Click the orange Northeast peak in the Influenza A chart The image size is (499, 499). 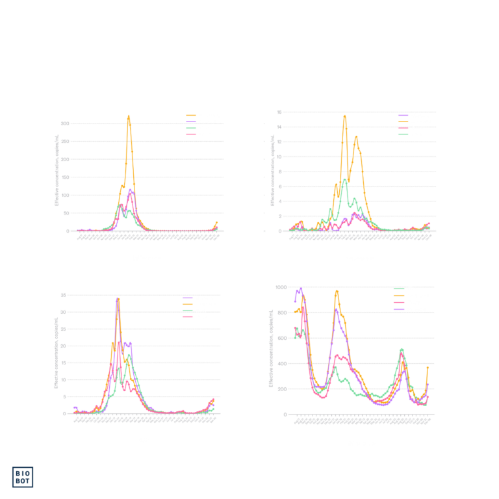click(129, 117)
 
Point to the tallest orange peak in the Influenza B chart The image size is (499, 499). click(344, 117)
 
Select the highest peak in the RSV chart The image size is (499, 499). click(118, 299)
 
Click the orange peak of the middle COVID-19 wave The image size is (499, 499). click(337, 291)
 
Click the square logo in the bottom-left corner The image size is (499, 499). click(23, 477)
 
